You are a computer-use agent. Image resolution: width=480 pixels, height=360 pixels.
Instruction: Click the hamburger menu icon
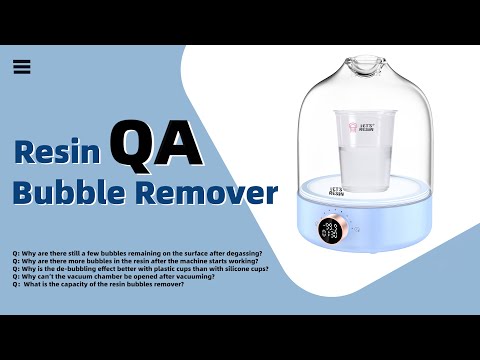pos(23,67)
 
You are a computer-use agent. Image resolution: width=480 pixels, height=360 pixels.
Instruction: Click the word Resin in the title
pos(56,151)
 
